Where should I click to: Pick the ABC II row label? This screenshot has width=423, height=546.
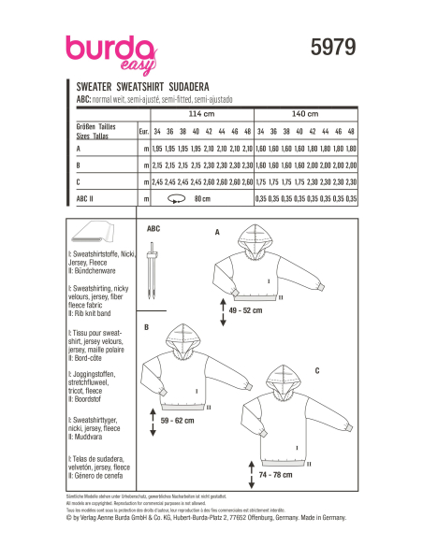click(x=86, y=198)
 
